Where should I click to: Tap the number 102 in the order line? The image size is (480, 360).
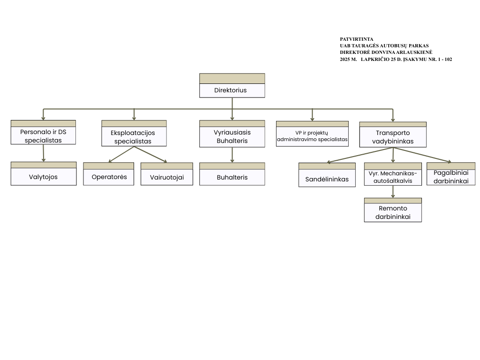(x=447, y=60)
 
